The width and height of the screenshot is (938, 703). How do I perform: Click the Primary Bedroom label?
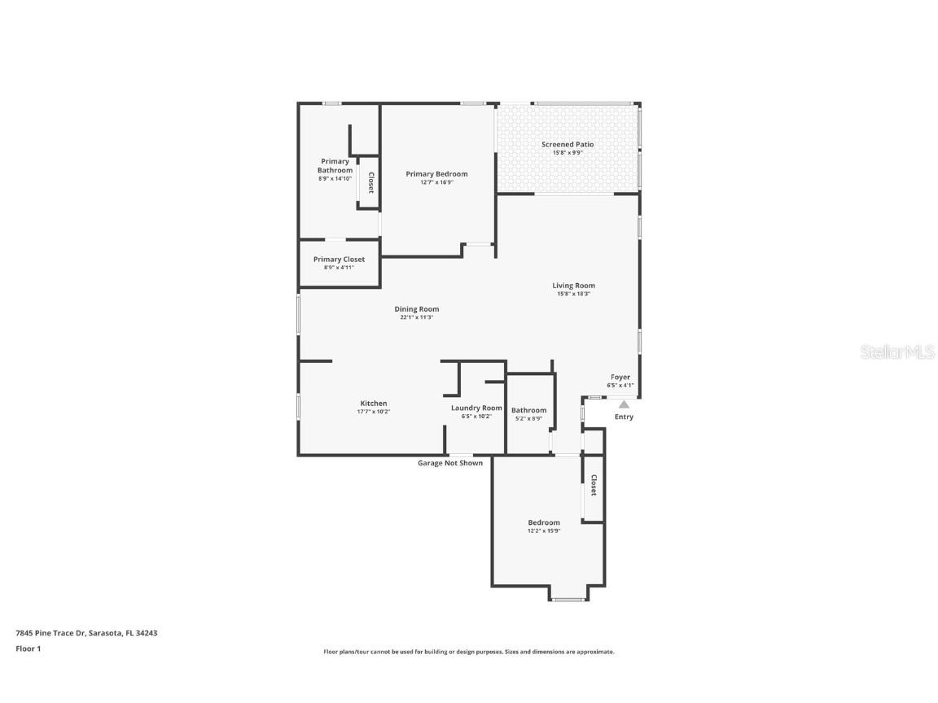(x=436, y=174)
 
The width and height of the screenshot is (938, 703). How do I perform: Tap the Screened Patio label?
(x=568, y=145)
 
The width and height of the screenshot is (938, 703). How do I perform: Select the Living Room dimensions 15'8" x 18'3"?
(x=573, y=294)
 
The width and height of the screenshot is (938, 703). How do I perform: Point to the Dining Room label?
(x=416, y=309)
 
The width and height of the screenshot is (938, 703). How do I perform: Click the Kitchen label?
(x=374, y=404)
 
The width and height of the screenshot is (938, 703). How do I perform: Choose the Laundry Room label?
(x=476, y=408)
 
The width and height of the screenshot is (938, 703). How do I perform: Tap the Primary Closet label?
(x=339, y=260)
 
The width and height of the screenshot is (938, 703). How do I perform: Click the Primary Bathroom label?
(x=335, y=166)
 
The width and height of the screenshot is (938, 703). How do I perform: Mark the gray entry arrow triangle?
(x=624, y=404)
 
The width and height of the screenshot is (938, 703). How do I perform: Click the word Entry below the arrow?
(x=624, y=417)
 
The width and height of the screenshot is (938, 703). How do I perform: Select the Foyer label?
(x=620, y=378)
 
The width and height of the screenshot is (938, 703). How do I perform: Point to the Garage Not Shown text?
(x=450, y=463)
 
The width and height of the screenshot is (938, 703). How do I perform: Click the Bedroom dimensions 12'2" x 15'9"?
(x=544, y=531)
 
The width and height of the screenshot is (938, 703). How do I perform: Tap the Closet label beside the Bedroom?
(x=594, y=486)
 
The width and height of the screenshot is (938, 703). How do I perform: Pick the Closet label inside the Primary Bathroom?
(x=370, y=183)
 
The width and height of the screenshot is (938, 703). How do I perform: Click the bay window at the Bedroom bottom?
(x=568, y=599)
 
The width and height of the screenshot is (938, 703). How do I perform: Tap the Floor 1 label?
(x=28, y=648)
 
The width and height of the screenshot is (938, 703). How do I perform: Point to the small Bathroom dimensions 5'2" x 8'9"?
(x=528, y=419)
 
